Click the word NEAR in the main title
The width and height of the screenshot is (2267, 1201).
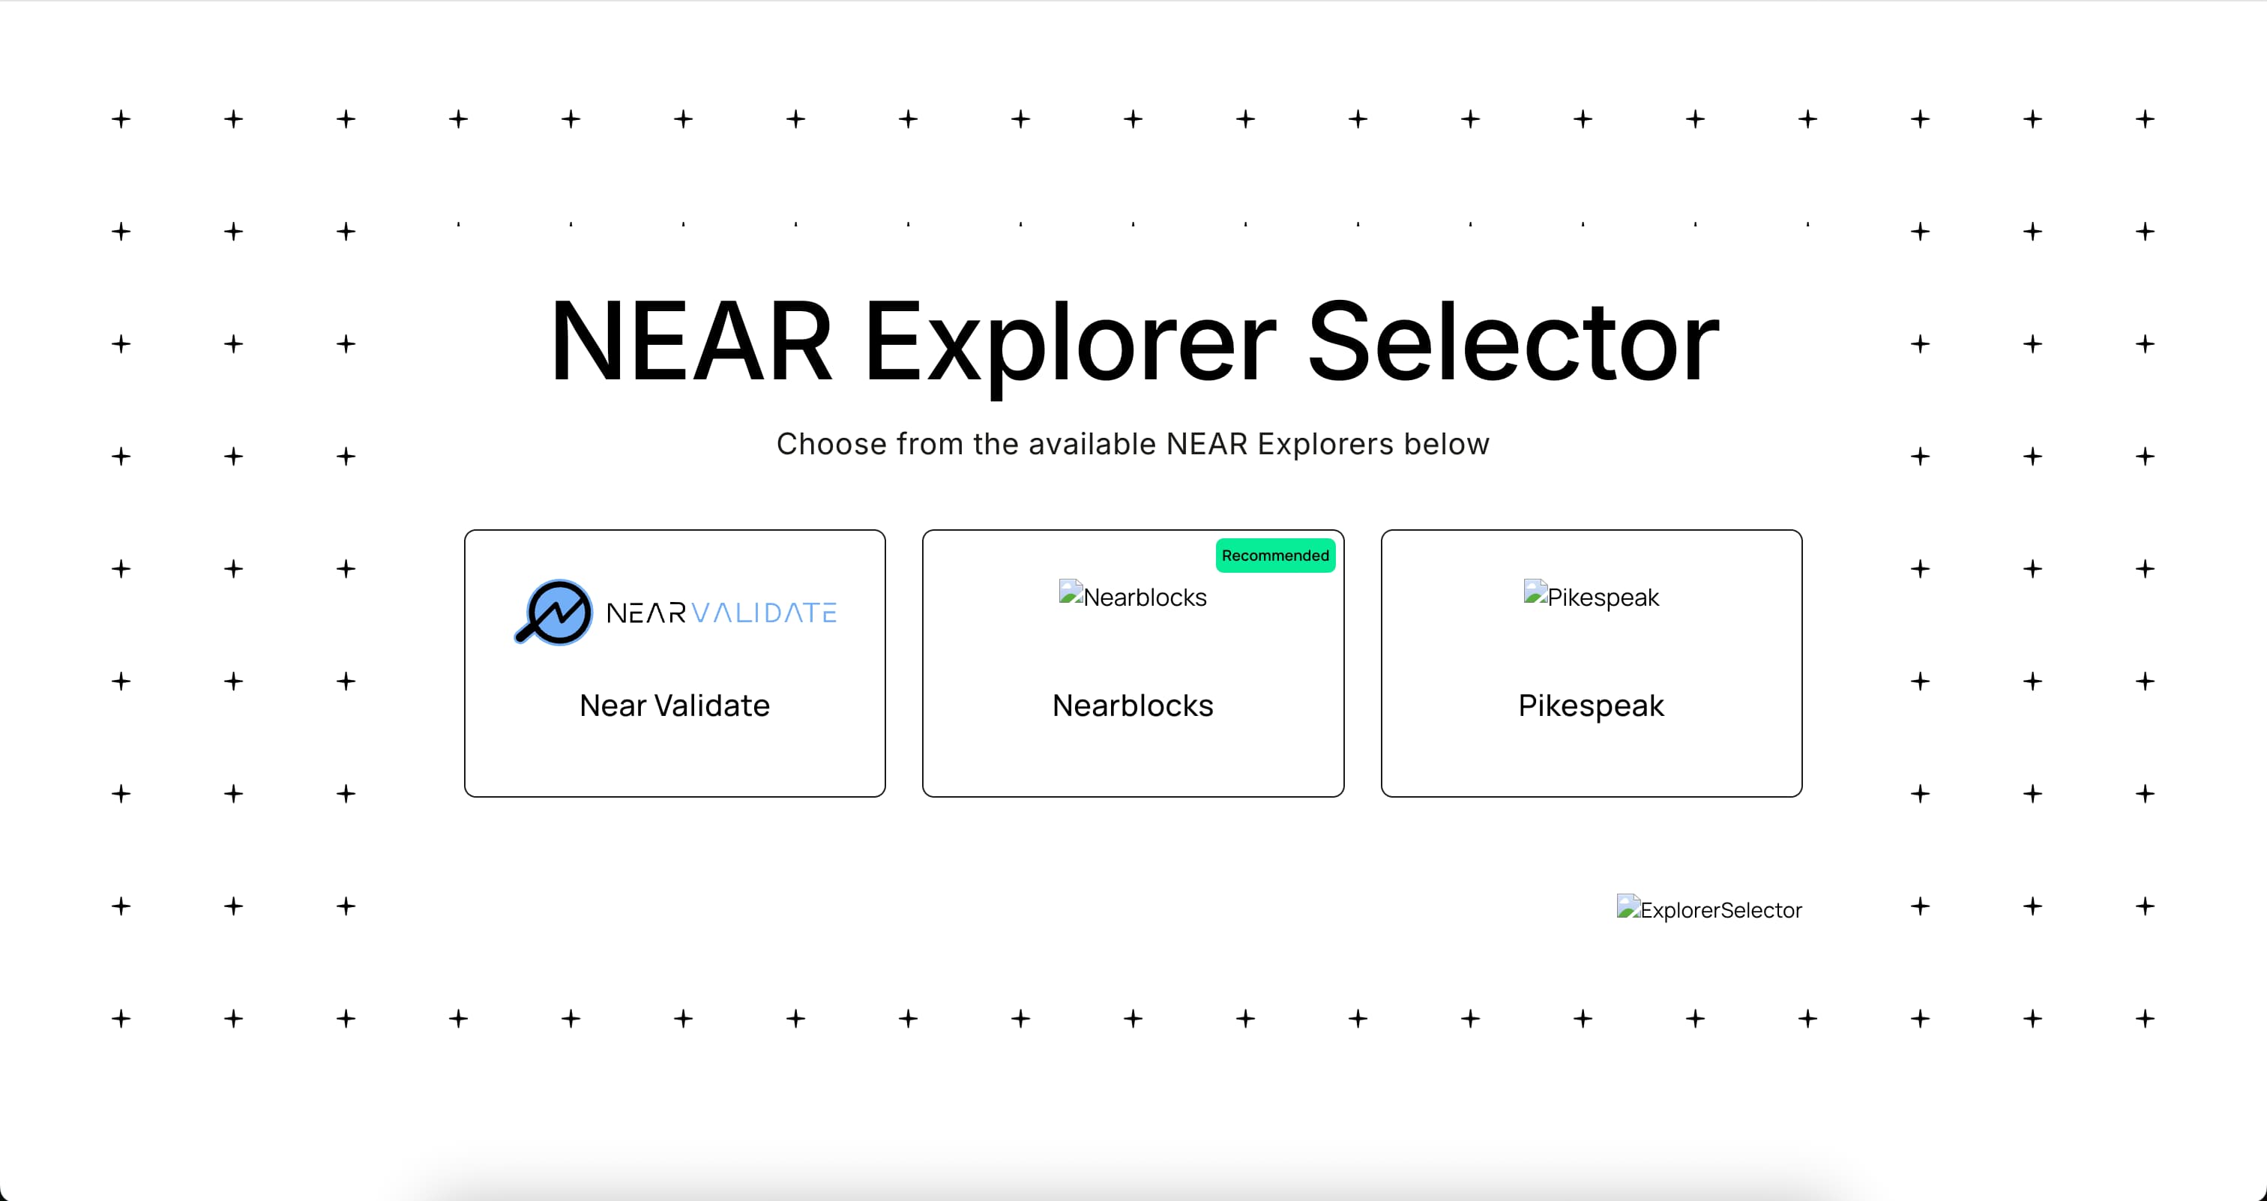click(691, 343)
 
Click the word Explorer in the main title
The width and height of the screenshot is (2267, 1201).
click(1069, 343)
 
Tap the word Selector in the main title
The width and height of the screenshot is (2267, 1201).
click(1513, 343)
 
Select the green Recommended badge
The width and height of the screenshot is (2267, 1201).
click(1275, 556)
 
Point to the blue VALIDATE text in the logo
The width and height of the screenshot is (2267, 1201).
click(764, 612)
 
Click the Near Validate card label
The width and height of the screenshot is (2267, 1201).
click(674, 705)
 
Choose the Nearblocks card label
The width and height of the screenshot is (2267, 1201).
click(1133, 705)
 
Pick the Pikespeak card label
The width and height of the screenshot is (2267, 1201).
click(1591, 705)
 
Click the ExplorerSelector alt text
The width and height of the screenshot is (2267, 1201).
click(1720, 910)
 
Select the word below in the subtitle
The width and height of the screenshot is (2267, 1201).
click(1446, 445)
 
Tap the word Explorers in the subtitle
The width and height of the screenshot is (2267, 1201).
click(1325, 445)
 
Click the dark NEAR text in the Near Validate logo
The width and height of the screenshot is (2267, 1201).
click(646, 612)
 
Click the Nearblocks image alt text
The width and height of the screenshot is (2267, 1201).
click(1145, 598)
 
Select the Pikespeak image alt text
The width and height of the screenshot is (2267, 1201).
click(1603, 598)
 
